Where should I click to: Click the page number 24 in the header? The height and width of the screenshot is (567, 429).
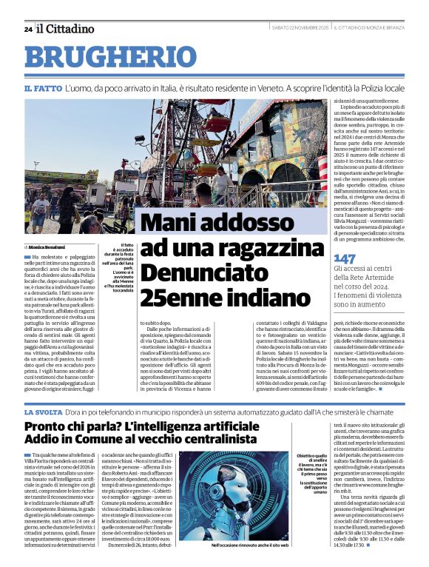[27, 29]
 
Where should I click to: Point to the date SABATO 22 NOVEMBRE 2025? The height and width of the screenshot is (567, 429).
[300, 28]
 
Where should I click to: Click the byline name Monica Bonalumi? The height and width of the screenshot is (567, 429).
[47, 246]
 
